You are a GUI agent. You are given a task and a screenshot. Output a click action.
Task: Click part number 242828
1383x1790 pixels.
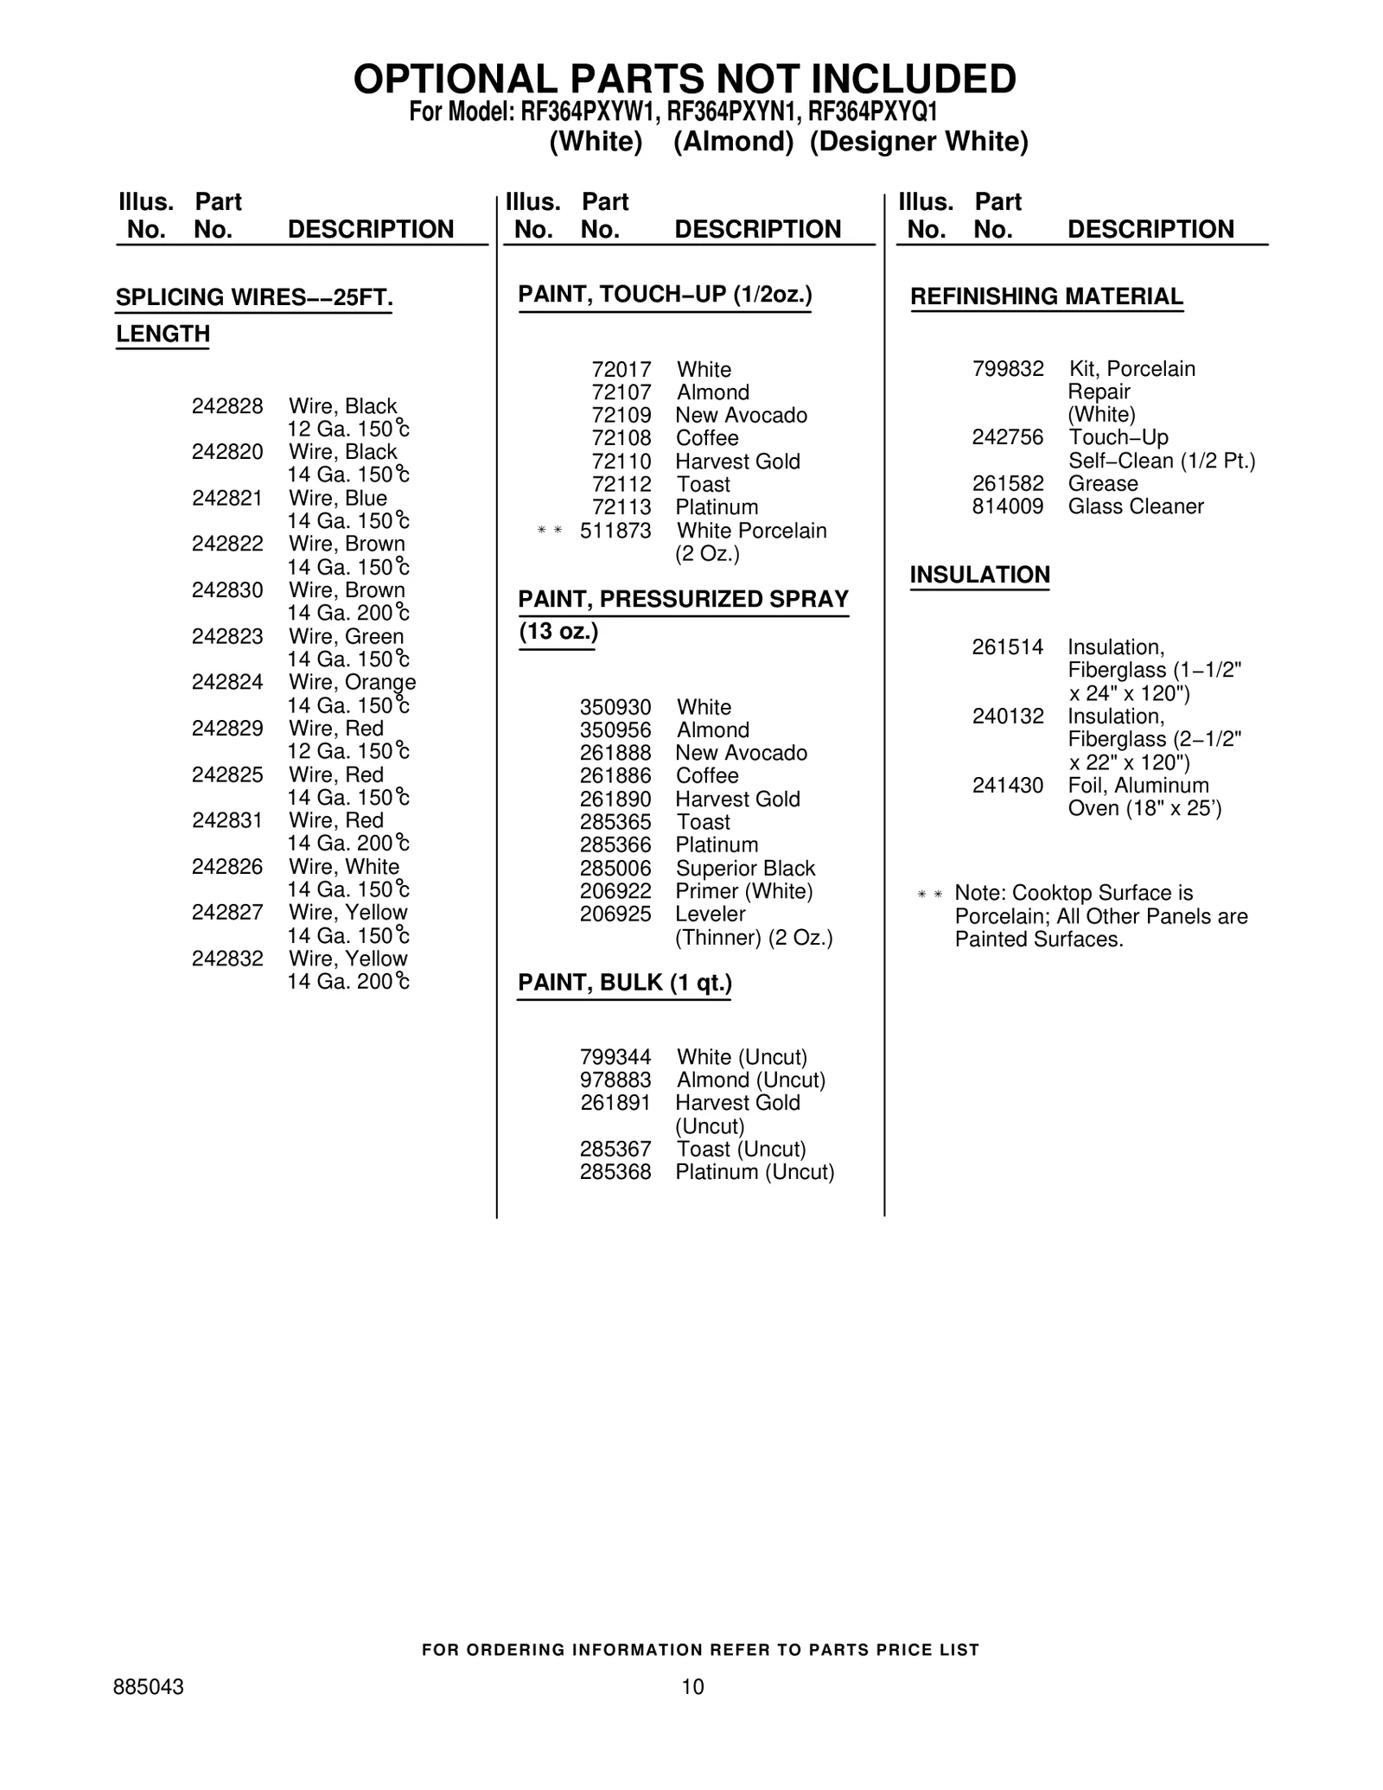(227, 406)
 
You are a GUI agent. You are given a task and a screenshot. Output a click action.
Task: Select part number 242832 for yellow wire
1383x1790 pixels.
(227, 959)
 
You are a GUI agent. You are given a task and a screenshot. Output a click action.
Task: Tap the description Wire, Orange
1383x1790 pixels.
(352, 682)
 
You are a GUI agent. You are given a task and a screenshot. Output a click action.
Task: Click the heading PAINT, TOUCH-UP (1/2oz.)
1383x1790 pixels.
(665, 295)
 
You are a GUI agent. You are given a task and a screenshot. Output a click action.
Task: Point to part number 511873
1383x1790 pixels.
(615, 531)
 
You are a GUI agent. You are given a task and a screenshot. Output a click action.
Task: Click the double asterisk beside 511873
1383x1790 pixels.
(550, 531)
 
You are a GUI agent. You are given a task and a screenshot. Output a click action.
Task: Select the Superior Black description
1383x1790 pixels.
(745, 869)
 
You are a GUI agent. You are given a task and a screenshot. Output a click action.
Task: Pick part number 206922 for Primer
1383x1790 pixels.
(615, 891)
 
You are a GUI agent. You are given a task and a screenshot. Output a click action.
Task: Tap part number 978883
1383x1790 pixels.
(615, 1080)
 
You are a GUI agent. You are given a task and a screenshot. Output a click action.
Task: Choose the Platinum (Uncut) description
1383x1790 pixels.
(755, 1172)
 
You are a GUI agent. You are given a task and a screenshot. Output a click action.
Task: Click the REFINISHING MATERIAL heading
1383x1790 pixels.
(1047, 296)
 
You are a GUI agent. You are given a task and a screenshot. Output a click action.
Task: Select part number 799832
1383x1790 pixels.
(1008, 369)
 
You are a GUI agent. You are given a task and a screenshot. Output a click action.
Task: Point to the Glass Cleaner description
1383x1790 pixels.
(1136, 506)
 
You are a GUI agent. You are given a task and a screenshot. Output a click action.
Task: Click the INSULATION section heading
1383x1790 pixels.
(979, 575)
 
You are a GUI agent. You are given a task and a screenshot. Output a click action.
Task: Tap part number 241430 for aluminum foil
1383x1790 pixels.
(1008, 786)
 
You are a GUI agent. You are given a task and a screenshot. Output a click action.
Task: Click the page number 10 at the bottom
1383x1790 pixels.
(692, 1686)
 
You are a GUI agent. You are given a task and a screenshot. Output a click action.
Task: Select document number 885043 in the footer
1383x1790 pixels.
(149, 1687)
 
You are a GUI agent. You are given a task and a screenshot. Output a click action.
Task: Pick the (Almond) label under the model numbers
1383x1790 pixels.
(733, 142)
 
